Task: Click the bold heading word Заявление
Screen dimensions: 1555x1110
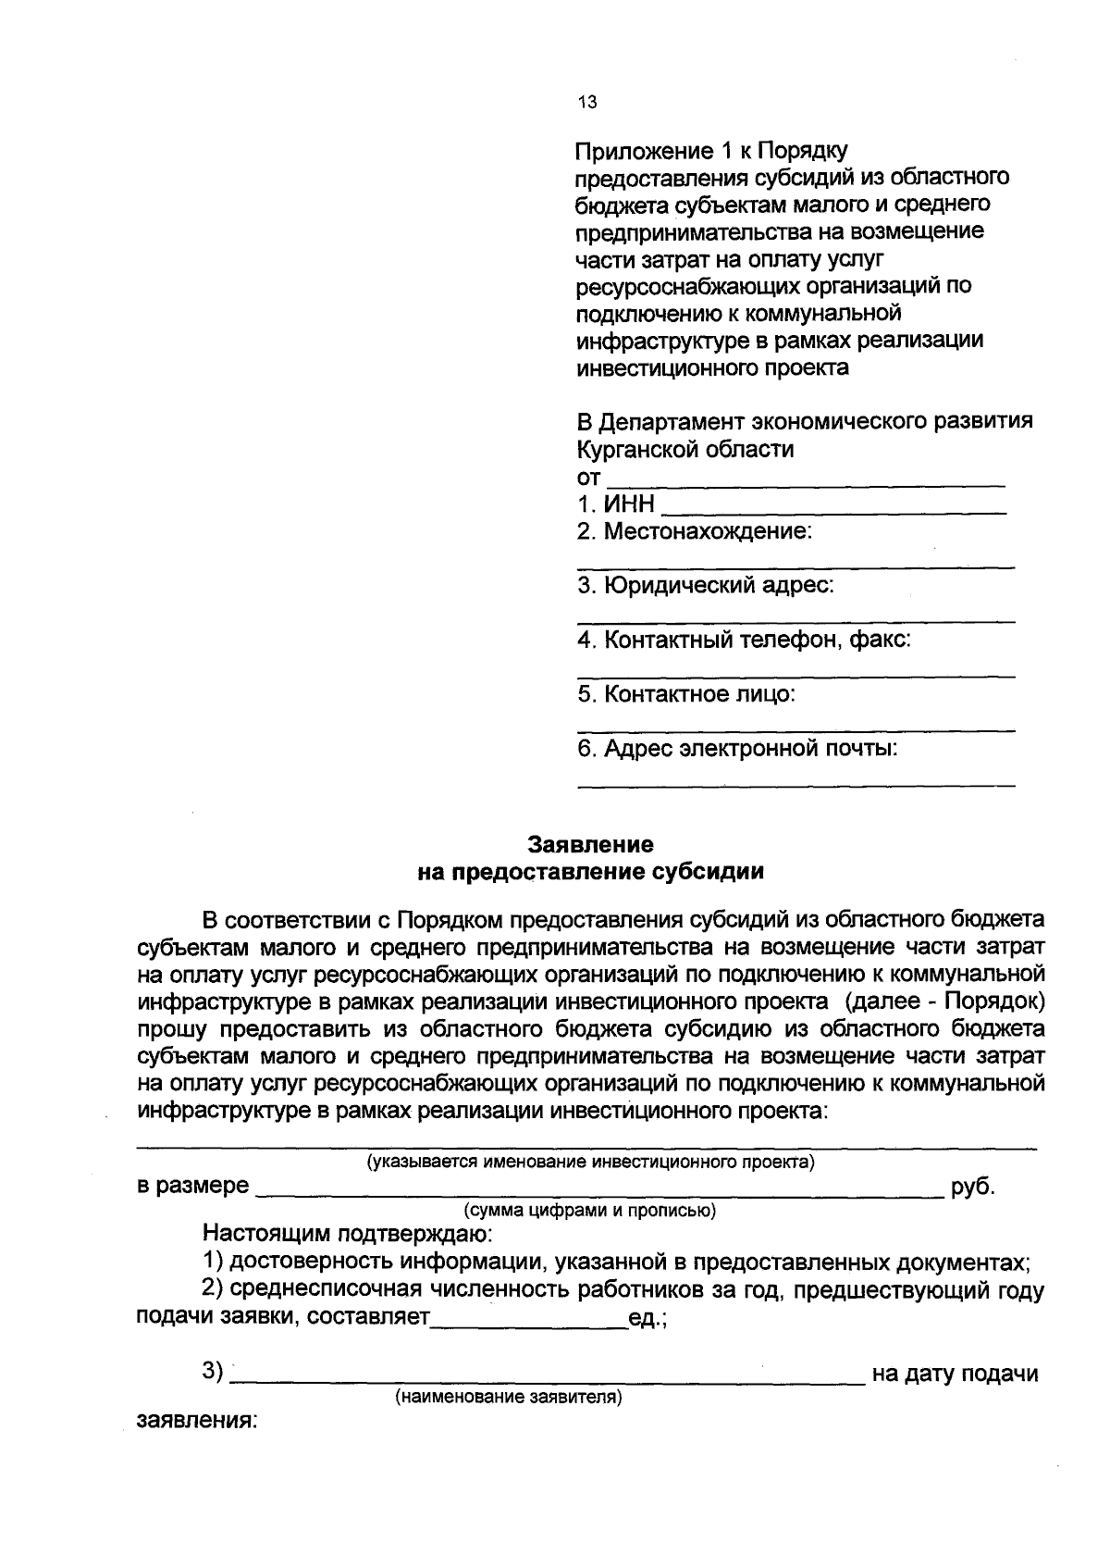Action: pyautogui.click(x=590, y=844)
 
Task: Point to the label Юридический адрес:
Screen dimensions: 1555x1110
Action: pyautogui.click(x=705, y=585)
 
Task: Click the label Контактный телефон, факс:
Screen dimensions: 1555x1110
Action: pyautogui.click(x=744, y=640)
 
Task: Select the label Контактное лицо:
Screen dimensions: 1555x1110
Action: pyautogui.click(x=685, y=693)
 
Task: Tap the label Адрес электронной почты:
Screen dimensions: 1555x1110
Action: pyautogui.click(x=737, y=748)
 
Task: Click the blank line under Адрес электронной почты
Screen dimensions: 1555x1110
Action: pyautogui.click(x=795, y=783)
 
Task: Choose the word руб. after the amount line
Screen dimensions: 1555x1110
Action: pyautogui.click(x=973, y=1187)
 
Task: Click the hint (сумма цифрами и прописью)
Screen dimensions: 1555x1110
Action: pyautogui.click(x=589, y=1210)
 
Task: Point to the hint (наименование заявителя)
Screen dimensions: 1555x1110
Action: pyautogui.click(x=508, y=1398)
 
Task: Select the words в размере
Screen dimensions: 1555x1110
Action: pyautogui.click(x=192, y=1186)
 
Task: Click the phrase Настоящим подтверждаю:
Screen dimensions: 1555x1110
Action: pyautogui.click(x=349, y=1234)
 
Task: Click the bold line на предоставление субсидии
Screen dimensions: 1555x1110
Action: pyautogui.click(x=590, y=871)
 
